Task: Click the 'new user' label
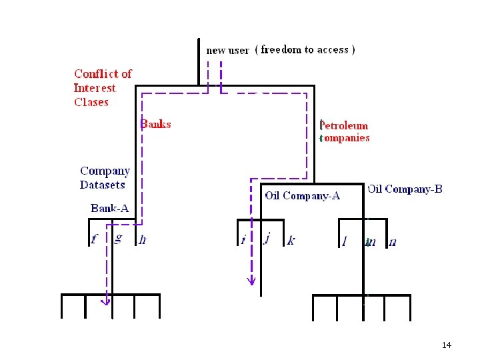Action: pos(227,50)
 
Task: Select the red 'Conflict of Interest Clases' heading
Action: pos(103,88)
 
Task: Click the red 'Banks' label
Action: pos(156,124)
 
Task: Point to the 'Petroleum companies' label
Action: pos(344,131)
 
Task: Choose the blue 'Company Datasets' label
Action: pos(105,178)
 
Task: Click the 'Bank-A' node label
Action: pos(109,209)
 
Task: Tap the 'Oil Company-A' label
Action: pos(303,195)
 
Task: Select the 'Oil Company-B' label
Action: pos(405,189)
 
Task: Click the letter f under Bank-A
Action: pos(94,239)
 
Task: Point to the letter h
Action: pos(142,240)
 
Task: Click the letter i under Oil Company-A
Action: pos(243,240)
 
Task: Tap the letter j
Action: pos(267,238)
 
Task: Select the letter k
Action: pos(291,240)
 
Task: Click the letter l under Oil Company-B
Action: pos(344,241)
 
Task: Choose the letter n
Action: pos(393,242)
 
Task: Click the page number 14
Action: pos(446,345)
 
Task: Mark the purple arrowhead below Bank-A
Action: pos(105,301)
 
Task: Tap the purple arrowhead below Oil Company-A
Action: pos(251,281)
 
